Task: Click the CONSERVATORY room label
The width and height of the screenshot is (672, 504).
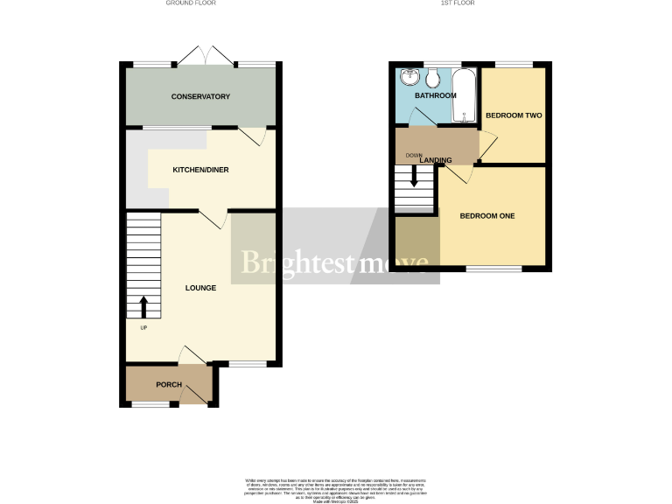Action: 200,96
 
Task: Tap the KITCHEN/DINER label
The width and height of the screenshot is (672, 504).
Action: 200,169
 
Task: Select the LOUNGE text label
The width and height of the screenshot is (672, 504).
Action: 200,287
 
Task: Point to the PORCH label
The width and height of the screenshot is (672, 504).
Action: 169,385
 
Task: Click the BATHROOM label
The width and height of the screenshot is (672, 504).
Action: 435,95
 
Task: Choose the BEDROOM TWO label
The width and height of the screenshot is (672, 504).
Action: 514,115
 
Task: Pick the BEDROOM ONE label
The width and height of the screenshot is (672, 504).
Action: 487,216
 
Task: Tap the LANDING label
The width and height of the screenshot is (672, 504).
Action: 436,161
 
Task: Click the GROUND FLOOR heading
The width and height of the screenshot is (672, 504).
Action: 191,3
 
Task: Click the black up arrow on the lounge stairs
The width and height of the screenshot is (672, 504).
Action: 144,307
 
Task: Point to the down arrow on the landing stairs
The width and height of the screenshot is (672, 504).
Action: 414,178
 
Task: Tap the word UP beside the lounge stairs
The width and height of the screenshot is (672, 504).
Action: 143,329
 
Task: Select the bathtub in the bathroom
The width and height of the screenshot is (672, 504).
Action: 463,95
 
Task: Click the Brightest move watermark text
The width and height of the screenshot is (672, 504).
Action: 334,262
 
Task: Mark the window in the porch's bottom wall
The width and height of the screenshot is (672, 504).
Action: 150,404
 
